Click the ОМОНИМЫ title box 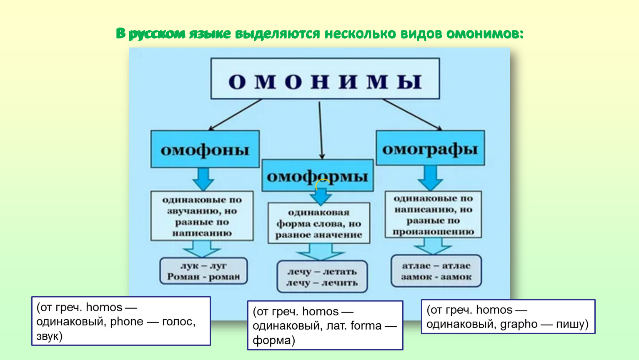pos(325,79)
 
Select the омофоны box pos(205,149)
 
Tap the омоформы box pos(317,175)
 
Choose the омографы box pos(430,148)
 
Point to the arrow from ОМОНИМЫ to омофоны pos(235,115)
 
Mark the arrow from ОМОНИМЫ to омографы pos(412,114)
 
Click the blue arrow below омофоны pos(203,179)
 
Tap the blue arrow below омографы pos(430,178)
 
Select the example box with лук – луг pos(203,271)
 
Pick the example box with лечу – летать pos(322,277)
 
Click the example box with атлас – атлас pos(436,271)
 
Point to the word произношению pos(433,232)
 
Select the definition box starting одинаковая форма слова pos(319,223)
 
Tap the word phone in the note pos(127,322)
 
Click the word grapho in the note pos(519,324)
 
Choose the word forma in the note pos(366,325)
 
